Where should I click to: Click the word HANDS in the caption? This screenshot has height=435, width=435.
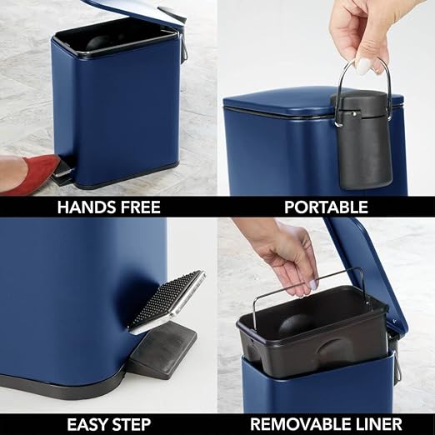coord(86,207)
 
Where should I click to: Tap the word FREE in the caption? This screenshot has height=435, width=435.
coord(140,207)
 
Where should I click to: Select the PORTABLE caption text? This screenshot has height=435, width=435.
coord(327,207)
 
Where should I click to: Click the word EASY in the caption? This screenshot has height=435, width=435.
coord(87,423)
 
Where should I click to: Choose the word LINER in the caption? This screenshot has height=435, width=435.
coord(377,423)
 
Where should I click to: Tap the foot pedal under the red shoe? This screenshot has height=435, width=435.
coord(63,172)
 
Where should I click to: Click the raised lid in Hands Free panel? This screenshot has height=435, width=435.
coord(133,8)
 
